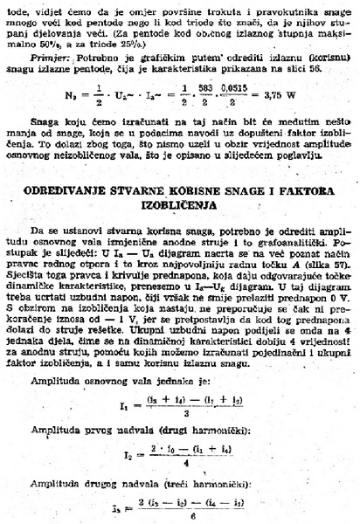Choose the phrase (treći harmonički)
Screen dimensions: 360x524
tap(185, 483)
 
